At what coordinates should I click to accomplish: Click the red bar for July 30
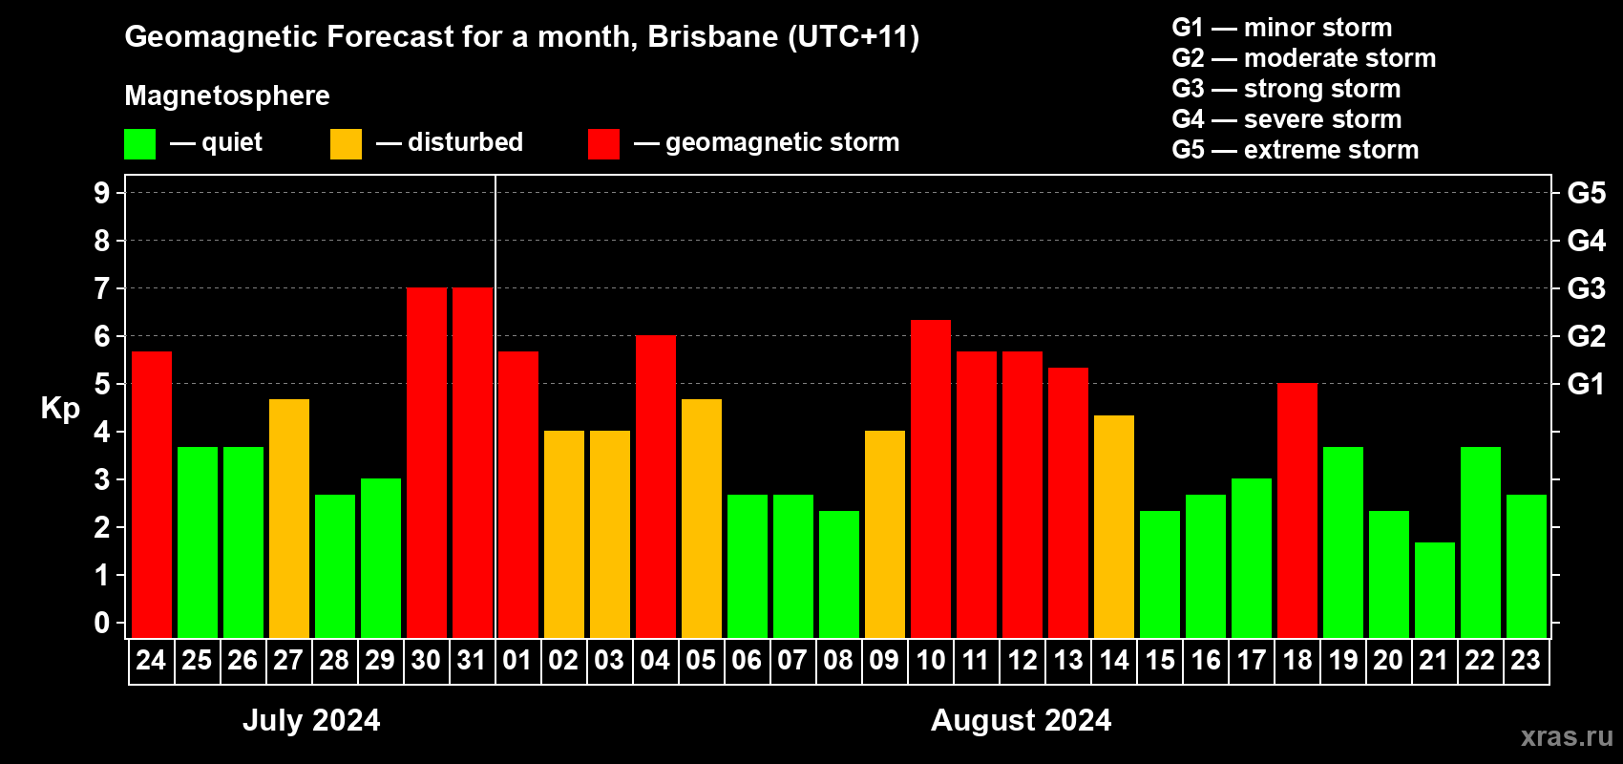click(x=427, y=462)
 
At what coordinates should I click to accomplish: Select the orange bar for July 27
click(x=289, y=518)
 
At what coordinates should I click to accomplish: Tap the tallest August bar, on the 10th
click(x=931, y=478)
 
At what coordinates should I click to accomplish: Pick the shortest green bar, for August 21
click(x=1435, y=589)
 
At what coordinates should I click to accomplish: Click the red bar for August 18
click(x=1297, y=510)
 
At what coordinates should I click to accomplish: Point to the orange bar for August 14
click(x=1114, y=526)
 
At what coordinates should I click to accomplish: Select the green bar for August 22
click(x=1481, y=541)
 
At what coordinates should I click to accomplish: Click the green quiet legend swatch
click(x=140, y=144)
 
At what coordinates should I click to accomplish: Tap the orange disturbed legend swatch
click(x=346, y=144)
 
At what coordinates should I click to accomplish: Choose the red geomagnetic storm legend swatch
click(x=603, y=144)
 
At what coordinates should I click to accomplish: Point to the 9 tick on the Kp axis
click(x=102, y=193)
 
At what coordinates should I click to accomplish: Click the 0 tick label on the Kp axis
click(x=102, y=624)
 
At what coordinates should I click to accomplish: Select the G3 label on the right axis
click(x=1586, y=288)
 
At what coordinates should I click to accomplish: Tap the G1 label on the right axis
click(x=1586, y=384)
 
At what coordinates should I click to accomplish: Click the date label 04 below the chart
click(x=655, y=660)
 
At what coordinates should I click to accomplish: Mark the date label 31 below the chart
click(x=472, y=660)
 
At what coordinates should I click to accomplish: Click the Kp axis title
click(x=60, y=408)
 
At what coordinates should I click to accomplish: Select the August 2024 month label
click(x=1021, y=720)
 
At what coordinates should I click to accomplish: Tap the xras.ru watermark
click(x=1567, y=736)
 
